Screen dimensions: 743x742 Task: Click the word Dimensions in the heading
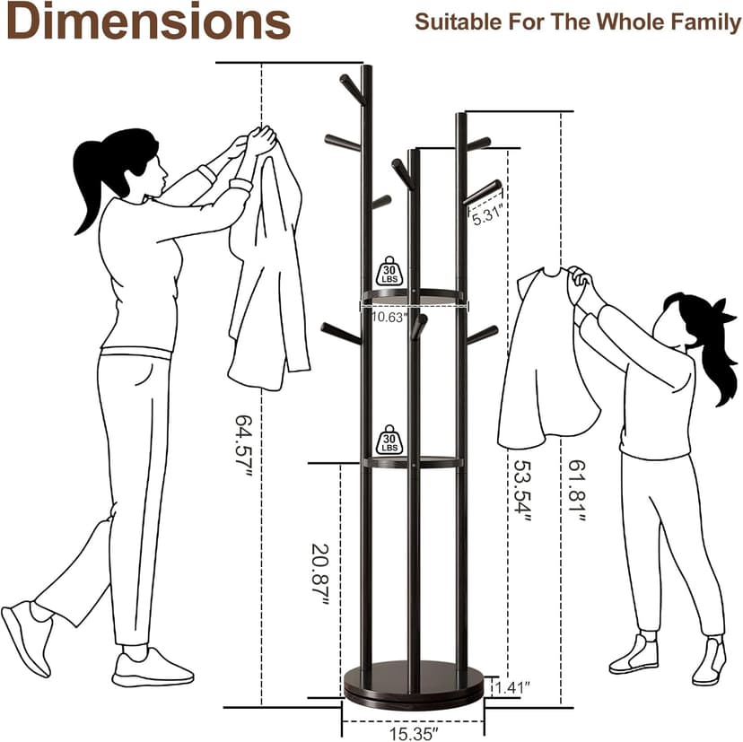pyautogui.click(x=148, y=22)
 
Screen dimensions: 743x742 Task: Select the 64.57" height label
pyautogui.click(x=244, y=446)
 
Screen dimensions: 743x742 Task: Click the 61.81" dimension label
pyautogui.click(x=577, y=491)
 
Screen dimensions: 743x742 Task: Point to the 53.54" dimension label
pyautogui.click(x=522, y=491)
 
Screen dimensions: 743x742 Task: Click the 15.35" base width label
pyautogui.click(x=412, y=733)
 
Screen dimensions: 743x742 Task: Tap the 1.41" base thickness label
pyautogui.click(x=511, y=686)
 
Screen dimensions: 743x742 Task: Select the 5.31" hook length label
pyautogui.click(x=486, y=216)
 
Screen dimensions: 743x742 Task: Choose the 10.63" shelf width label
pyautogui.click(x=389, y=317)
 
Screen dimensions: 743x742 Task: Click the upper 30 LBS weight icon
pyautogui.click(x=389, y=271)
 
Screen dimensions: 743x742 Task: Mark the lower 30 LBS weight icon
pyautogui.click(x=389, y=440)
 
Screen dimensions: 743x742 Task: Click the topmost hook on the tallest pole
pyautogui.click(x=352, y=89)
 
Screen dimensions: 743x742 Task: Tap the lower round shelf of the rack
pyautogui.click(x=412, y=462)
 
